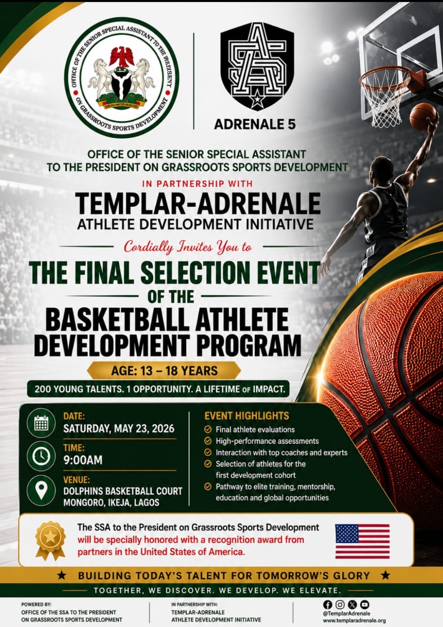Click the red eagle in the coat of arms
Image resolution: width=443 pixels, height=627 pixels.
[122, 57]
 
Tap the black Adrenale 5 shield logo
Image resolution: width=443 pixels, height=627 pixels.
[257, 66]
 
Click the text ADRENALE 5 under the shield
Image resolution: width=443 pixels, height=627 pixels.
[255, 124]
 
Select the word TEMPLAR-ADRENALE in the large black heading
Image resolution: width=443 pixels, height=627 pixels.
[197, 203]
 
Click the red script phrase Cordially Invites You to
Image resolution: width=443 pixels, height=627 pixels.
[188, 247]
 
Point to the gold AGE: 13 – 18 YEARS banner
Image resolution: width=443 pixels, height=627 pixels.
[164, 371]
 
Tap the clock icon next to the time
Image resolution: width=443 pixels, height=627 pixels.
[41, 456]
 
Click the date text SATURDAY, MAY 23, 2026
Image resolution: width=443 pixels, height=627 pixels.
[119, 429]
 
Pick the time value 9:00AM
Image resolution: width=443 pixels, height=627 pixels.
[83, 460]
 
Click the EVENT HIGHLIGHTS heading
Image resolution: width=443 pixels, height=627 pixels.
[246, 416]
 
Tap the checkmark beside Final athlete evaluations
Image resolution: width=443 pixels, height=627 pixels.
[208, 430]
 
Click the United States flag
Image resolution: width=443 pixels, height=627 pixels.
[362, 541]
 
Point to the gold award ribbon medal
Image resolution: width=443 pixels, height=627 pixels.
[50, 540]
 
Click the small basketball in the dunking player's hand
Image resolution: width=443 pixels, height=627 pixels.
[423, 117]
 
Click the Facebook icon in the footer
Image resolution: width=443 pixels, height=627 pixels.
[327, 604]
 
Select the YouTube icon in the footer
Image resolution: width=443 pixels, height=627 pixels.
[365, 604]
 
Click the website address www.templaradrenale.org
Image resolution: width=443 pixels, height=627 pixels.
[354, 621]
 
